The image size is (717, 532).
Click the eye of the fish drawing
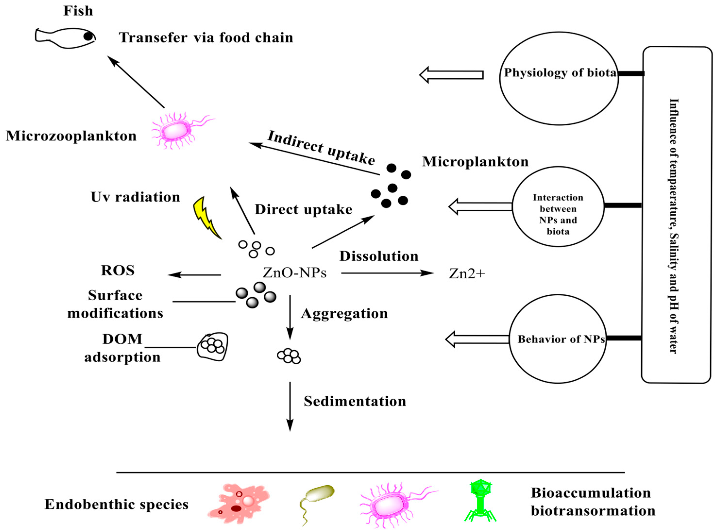88,36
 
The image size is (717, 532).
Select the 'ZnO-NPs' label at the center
294,273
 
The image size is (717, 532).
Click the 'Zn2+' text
467,274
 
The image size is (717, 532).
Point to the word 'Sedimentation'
355,401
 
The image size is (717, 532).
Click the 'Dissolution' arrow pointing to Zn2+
386,273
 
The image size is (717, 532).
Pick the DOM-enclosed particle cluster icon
213,347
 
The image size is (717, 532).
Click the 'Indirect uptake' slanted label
321,148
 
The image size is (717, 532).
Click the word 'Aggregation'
344,313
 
